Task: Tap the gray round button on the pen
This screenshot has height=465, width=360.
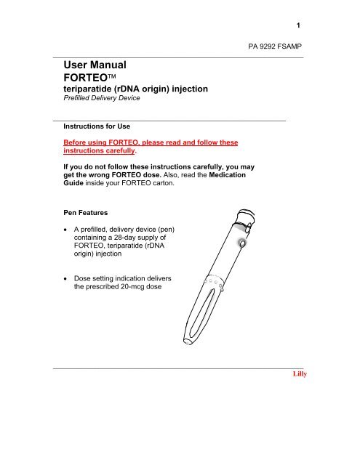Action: point(241,245)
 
